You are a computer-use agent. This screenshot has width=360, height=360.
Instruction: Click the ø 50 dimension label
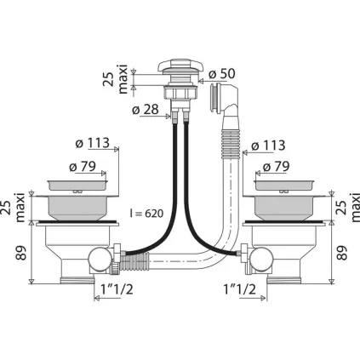222,74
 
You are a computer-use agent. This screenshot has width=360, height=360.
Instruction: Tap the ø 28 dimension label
146,110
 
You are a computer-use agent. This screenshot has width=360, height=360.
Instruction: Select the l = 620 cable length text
146,214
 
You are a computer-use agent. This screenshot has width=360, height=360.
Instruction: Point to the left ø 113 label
93,143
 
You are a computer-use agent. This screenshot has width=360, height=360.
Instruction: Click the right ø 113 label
268,146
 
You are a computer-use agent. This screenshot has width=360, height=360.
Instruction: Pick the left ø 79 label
83,167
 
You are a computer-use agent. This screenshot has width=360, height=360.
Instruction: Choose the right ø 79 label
276,167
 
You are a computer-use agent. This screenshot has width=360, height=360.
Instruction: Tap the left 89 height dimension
21,253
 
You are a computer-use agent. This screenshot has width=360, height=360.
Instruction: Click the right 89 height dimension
342,253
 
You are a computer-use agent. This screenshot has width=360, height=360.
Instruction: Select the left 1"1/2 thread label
117,289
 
